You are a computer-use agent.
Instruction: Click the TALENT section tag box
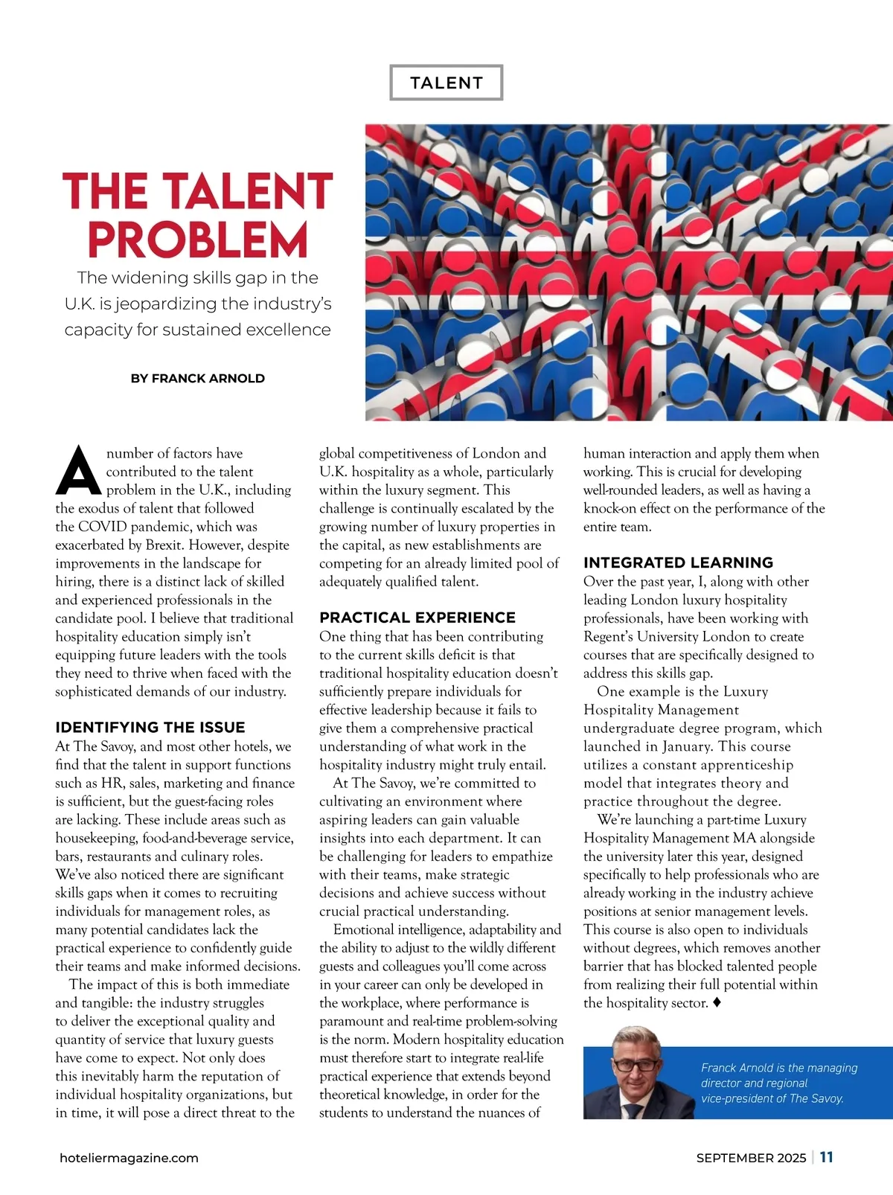(446, 83)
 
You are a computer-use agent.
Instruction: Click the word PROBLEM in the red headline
(198, 240)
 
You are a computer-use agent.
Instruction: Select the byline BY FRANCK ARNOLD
(197, 378)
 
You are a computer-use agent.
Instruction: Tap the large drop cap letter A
(78, 471)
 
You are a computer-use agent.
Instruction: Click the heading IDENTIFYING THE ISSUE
(150, 727)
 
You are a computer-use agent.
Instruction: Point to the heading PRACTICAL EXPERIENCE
(417, 617)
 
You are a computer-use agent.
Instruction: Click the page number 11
(826, 1157)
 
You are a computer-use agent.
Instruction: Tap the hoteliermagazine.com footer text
(129, 1158)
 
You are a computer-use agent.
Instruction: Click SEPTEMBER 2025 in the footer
(751, 1158)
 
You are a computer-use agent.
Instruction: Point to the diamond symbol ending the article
(717, 1002)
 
